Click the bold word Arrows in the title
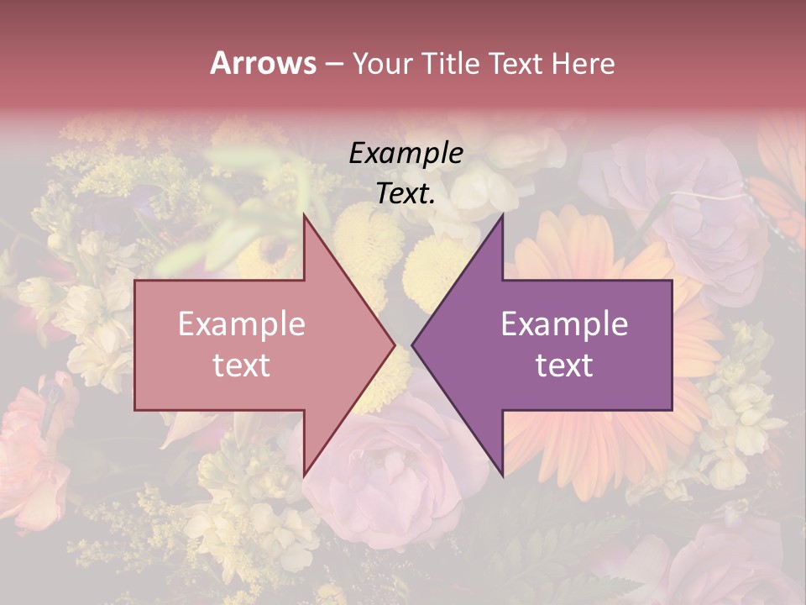point(264,63)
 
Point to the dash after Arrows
point(334,64)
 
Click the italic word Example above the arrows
point(406,154)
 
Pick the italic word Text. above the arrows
point(406,193)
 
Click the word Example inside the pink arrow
point(241,324)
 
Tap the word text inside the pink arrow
point(241,366)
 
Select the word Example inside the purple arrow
point(564,324)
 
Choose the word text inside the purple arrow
point(564,366)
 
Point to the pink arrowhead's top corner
point(304,216)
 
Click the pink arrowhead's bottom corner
point(304,473)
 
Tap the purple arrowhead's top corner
point(502,216)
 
